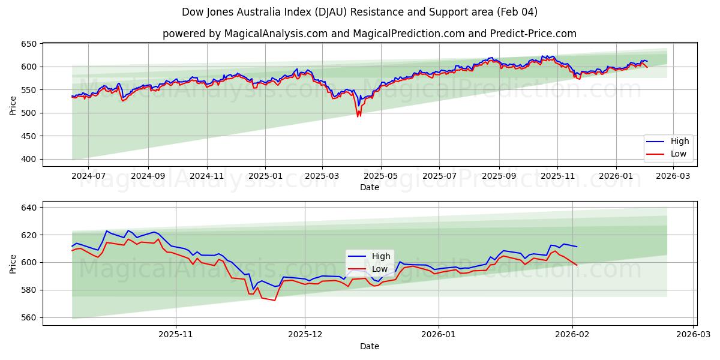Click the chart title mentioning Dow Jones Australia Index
[x=359, y=12]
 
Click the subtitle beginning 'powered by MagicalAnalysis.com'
[x=369, y=34]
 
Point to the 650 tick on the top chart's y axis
[x=30, y=44]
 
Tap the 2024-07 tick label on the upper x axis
[x=88, y=176]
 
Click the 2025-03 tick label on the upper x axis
[x=322, y=176]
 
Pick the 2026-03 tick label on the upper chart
[x=674, y=176]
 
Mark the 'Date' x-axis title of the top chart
[x=369, y=187]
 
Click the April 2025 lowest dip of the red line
[x=358, y=116]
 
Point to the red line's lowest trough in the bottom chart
[x=275, y=300]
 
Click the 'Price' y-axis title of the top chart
[x=13, y=104]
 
